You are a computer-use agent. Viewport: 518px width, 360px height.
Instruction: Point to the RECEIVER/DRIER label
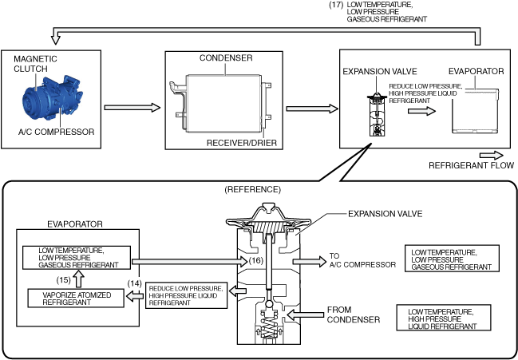236,142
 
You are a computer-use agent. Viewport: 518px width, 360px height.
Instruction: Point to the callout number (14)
135,283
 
